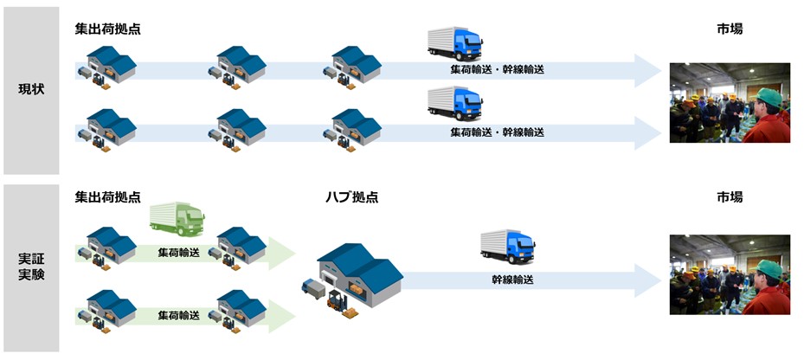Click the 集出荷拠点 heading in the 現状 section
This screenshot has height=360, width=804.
107,29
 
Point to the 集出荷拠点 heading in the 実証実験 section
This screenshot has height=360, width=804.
107,197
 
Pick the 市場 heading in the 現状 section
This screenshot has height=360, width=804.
729,29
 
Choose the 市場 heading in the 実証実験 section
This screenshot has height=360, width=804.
729,197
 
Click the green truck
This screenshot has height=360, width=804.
177,219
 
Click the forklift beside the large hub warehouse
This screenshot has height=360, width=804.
337,300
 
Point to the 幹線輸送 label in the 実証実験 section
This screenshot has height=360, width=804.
512,280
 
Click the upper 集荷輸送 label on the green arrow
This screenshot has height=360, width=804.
178,254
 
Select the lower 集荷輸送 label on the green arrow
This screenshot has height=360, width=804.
178,317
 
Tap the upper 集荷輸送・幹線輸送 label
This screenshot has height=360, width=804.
497,69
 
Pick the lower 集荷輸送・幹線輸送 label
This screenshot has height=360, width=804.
497,132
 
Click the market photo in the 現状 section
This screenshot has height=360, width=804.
729,102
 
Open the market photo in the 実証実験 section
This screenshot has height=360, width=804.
729,274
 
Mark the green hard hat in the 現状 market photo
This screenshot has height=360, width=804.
769,96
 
